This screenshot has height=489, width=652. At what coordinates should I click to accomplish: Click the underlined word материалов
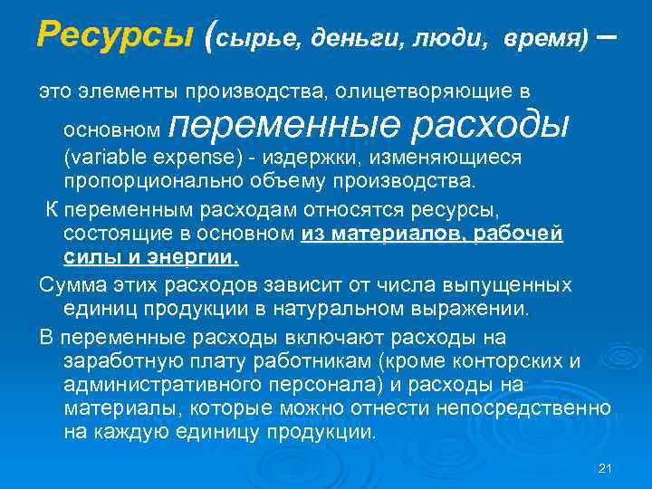pos(396,234)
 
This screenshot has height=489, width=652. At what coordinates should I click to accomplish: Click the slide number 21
pos(607,467)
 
